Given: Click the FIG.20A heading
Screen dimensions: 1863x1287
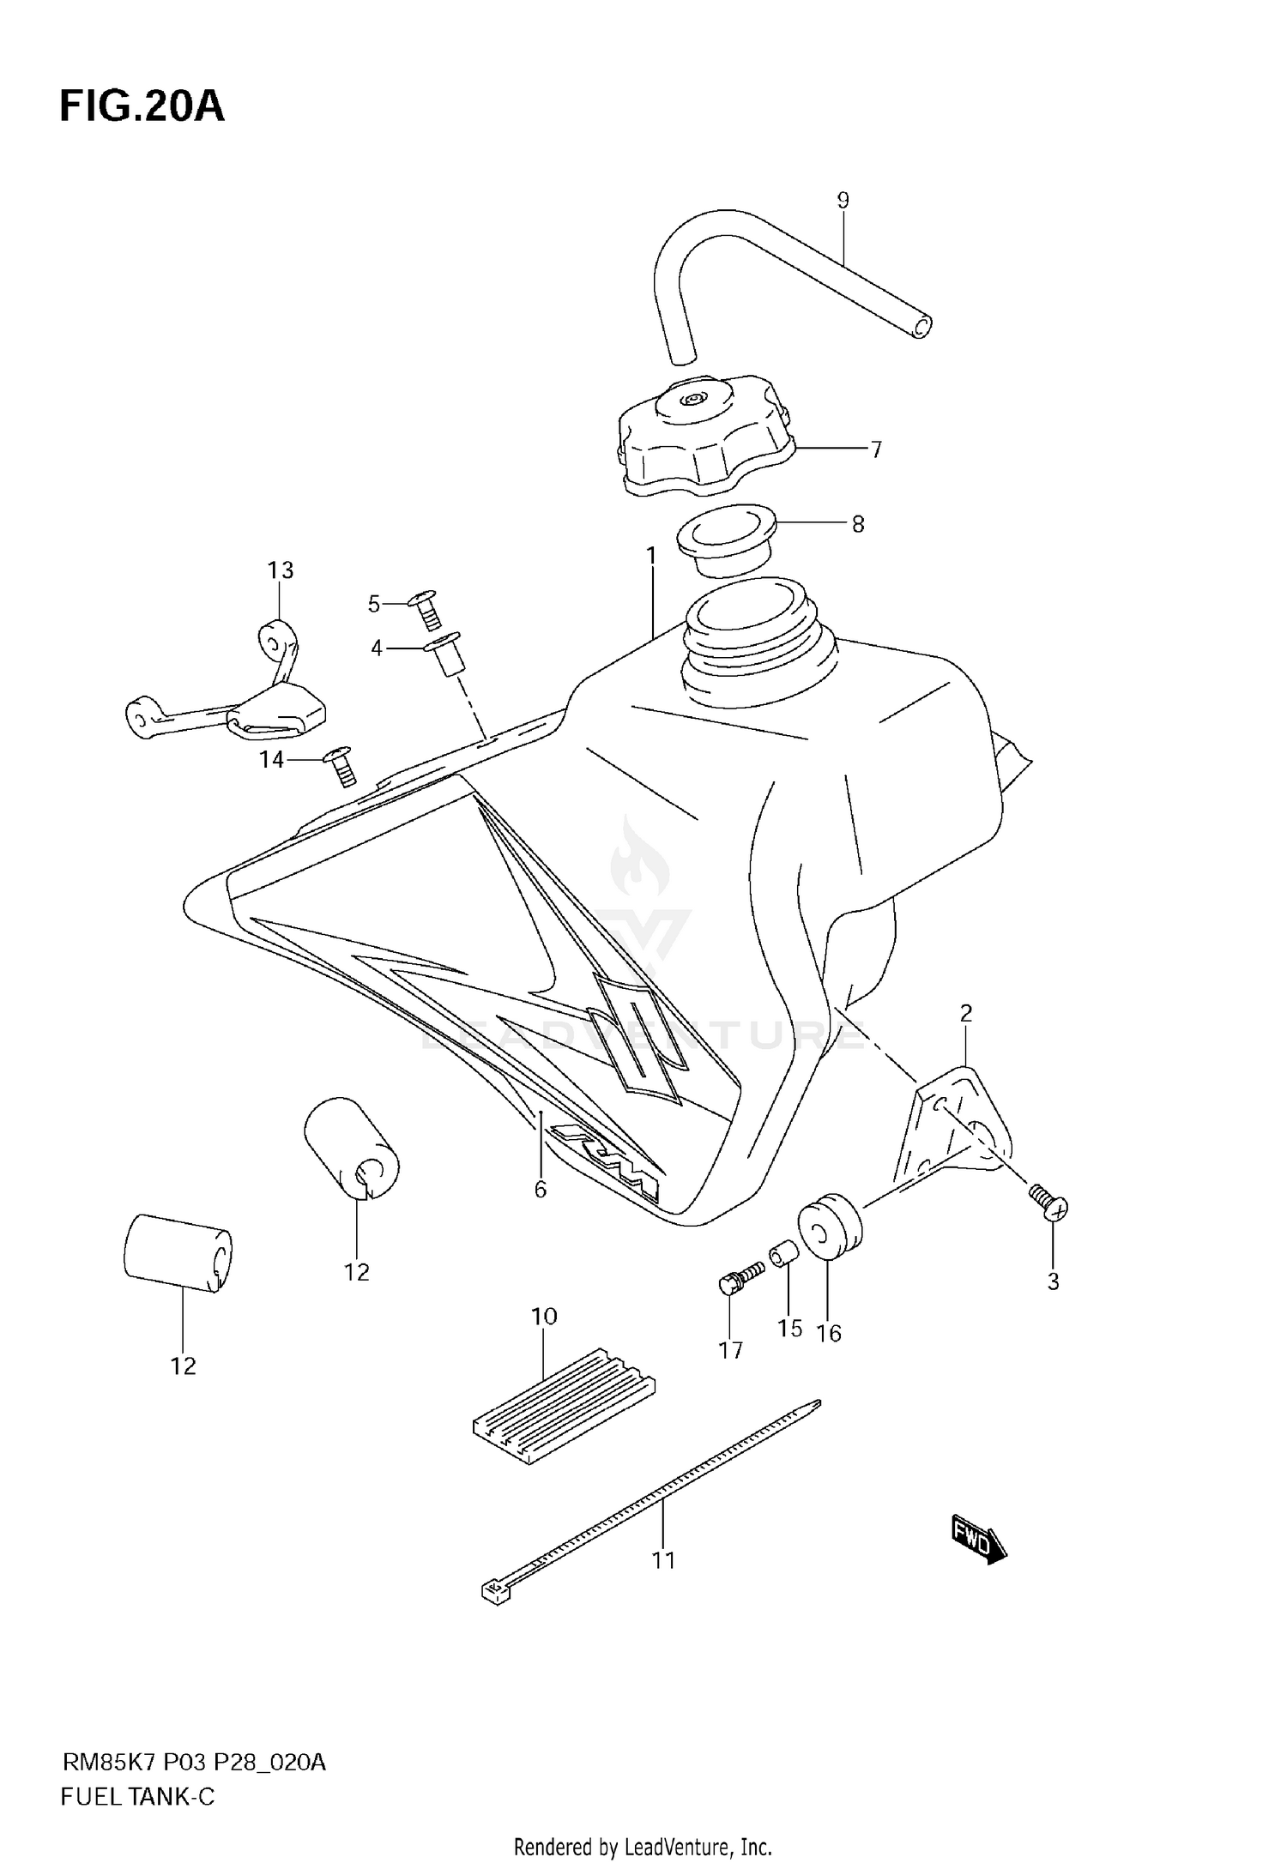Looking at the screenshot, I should (x=142, y=108).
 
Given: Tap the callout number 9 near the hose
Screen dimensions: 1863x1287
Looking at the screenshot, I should (x=843, y=201).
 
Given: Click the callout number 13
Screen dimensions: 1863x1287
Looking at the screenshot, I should (x=281, y=570).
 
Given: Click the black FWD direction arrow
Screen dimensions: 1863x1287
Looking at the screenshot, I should (x=978, y=1545).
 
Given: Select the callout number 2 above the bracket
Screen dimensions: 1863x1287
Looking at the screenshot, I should (x=966, y=1014).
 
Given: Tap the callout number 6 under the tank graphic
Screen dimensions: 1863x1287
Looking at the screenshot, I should (x=540, y=1190).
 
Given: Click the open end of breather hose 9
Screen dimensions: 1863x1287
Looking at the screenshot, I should (x=921, y=327).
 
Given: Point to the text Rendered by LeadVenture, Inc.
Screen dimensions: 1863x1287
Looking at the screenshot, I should (x=643, y=1847).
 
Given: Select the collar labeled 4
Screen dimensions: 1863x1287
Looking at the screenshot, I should (x=446, y=654).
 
